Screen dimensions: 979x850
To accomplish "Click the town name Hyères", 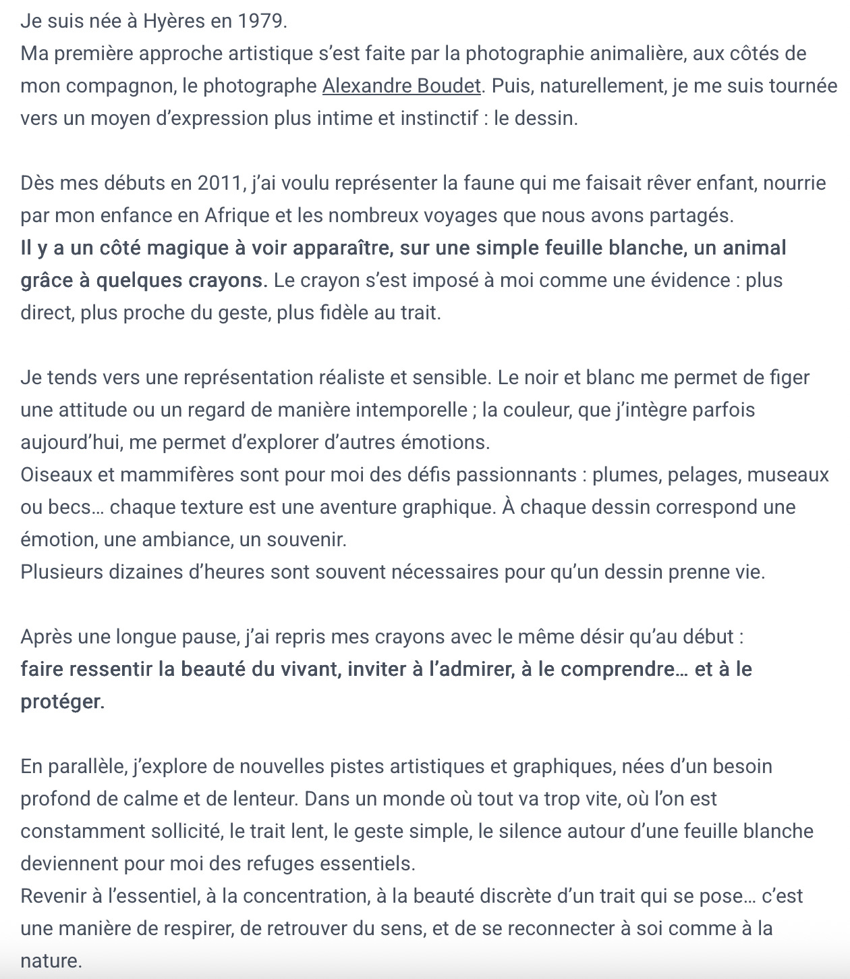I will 173,21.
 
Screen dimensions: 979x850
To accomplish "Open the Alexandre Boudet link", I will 402,86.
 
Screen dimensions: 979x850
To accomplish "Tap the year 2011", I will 220,183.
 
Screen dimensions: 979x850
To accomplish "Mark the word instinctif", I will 438,118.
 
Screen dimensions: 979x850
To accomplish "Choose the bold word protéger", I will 62,702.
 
